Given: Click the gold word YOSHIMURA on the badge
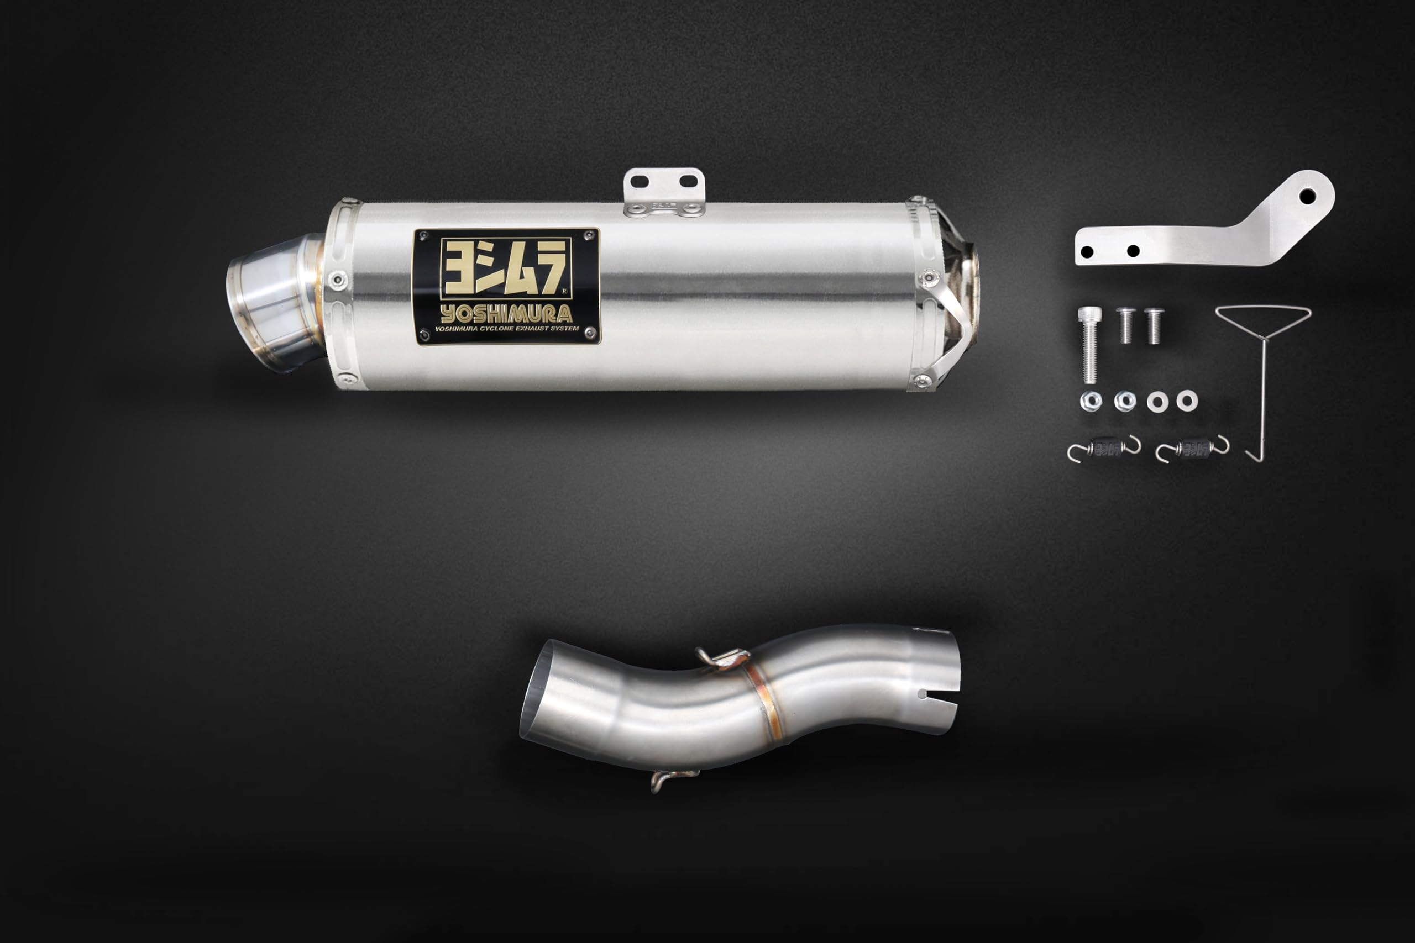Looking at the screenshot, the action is pos(506,314).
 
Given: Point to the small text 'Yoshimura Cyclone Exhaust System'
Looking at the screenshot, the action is pos(506,329).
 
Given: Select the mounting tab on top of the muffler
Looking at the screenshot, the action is pos(664,192).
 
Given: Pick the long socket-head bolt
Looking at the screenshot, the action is pos(1090,345).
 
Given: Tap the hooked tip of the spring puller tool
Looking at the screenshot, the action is pos(1253,455).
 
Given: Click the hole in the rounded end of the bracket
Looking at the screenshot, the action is pos(1307,196).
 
